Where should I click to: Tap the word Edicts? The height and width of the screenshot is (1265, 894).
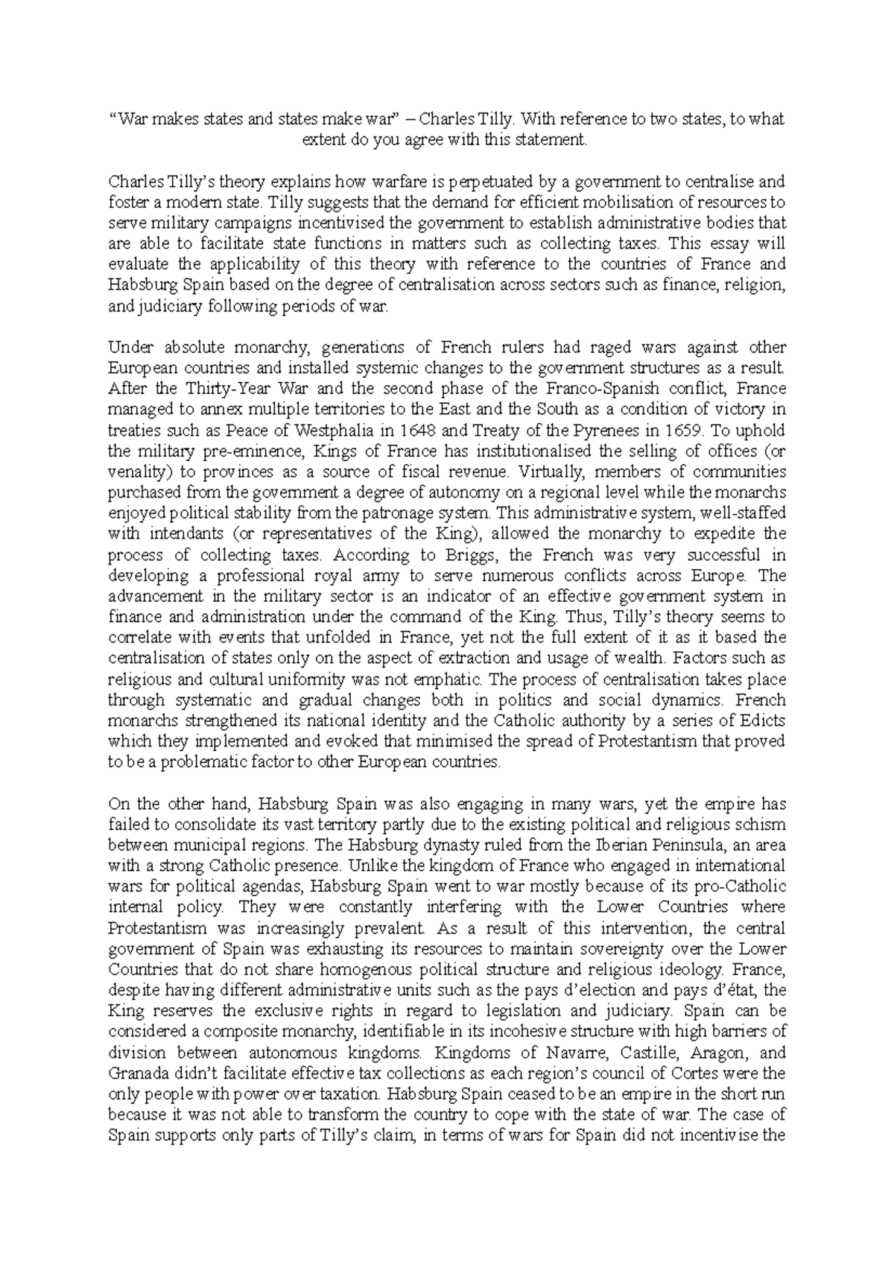pos(763,721)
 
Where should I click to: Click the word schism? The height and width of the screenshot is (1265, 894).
pos(764,825)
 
